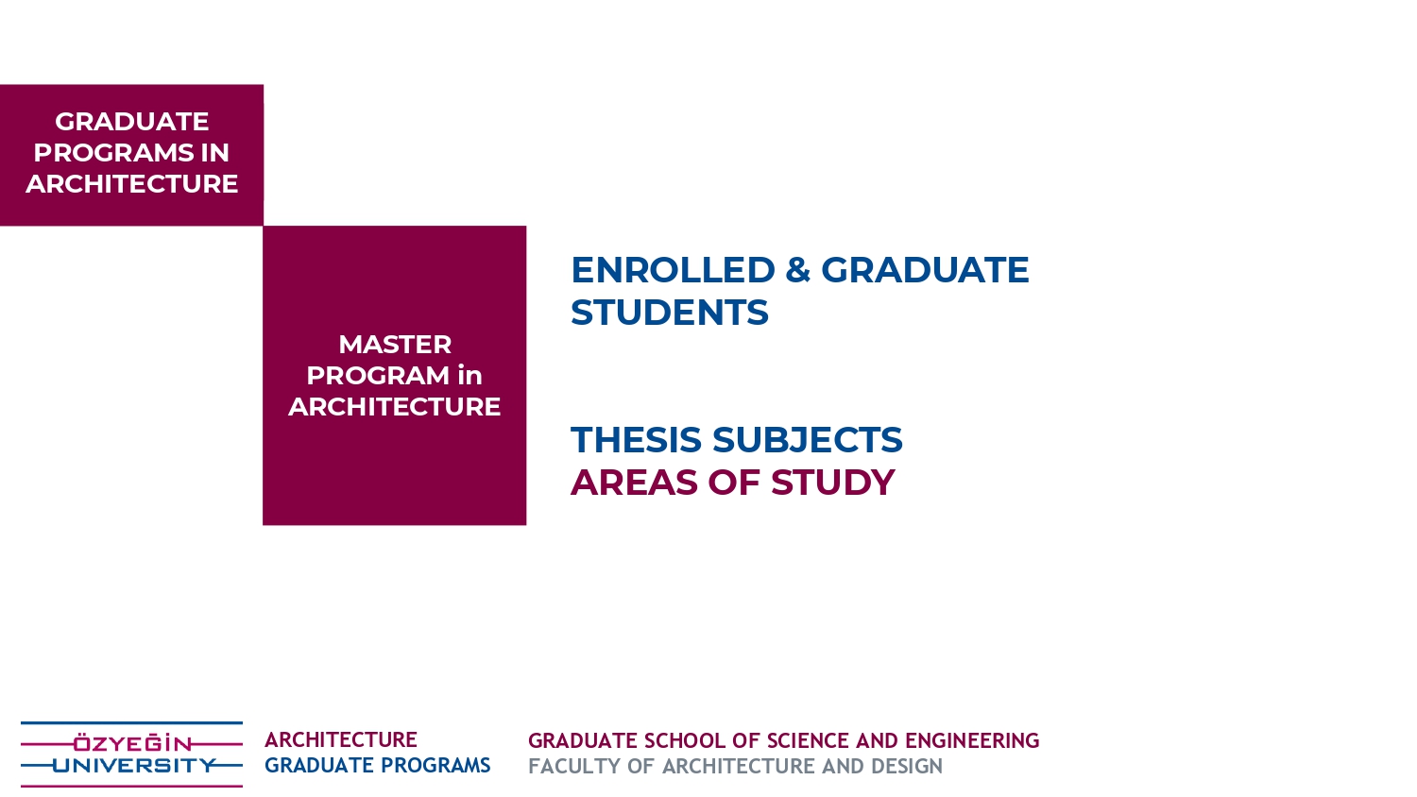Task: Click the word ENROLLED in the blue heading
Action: tap(673, 270)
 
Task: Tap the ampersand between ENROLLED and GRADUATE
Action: tap(797, 270)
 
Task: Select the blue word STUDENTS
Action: tap(669, 313)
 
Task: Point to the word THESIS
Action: tap(636, 440)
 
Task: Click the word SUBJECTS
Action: tap(808, 440)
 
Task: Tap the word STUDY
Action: tap(833, 483)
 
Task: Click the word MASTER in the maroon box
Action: tap(395, 345)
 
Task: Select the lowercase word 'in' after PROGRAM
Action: tap(470, 375)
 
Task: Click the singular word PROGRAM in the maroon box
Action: tap(378, 376)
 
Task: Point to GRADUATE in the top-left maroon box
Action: tap(131, 122)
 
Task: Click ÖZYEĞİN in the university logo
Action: tap(132, 743)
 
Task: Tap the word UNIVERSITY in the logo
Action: tap(134, 766)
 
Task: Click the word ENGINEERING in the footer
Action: tap(972, 740)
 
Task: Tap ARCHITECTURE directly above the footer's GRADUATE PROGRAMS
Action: tap(341, 739)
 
